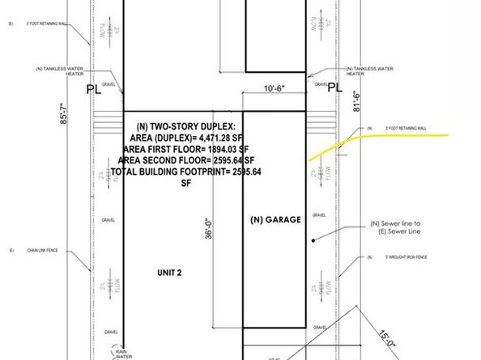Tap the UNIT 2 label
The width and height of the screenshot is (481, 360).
[169, 273]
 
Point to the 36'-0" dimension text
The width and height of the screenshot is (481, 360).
[209, 225]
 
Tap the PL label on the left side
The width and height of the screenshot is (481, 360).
[96, 91]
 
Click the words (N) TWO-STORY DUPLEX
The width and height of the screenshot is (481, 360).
[181, 126]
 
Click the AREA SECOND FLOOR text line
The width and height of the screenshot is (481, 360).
[181, 161]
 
